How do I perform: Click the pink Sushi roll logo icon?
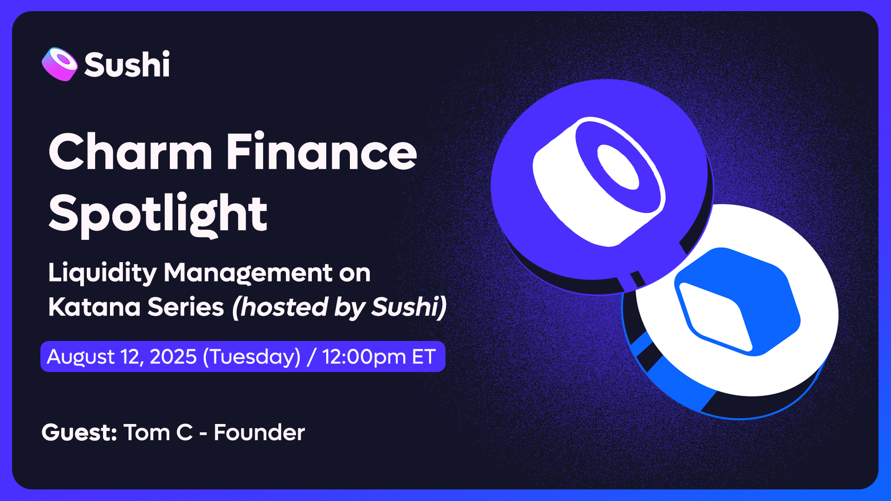pos(59,64)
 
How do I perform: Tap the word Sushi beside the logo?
pos(127,64)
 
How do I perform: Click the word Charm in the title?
pos(130,151)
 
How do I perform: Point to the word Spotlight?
pos(158,214)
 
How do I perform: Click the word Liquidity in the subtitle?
pos(103,273)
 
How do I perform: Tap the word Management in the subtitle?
pos(248,273)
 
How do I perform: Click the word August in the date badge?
pos(81,357)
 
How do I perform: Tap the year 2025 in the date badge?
pos(173,357)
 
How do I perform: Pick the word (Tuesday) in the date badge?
pos(252,357)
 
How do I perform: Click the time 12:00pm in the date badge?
pos(364,357)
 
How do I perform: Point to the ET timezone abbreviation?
pos(424,357)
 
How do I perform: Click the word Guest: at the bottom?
pos(79,433)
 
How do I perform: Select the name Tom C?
pos(158,432)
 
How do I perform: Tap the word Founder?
pos(259,432)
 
